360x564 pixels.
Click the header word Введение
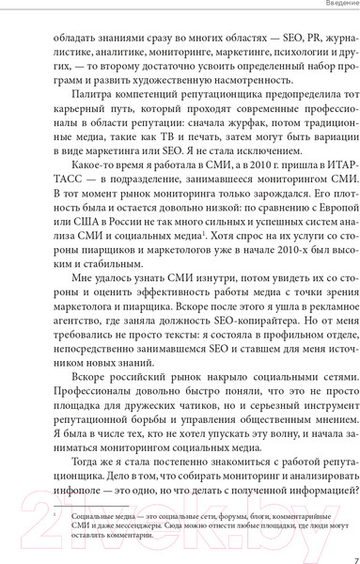pyautogui.click(x=333, y=6)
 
